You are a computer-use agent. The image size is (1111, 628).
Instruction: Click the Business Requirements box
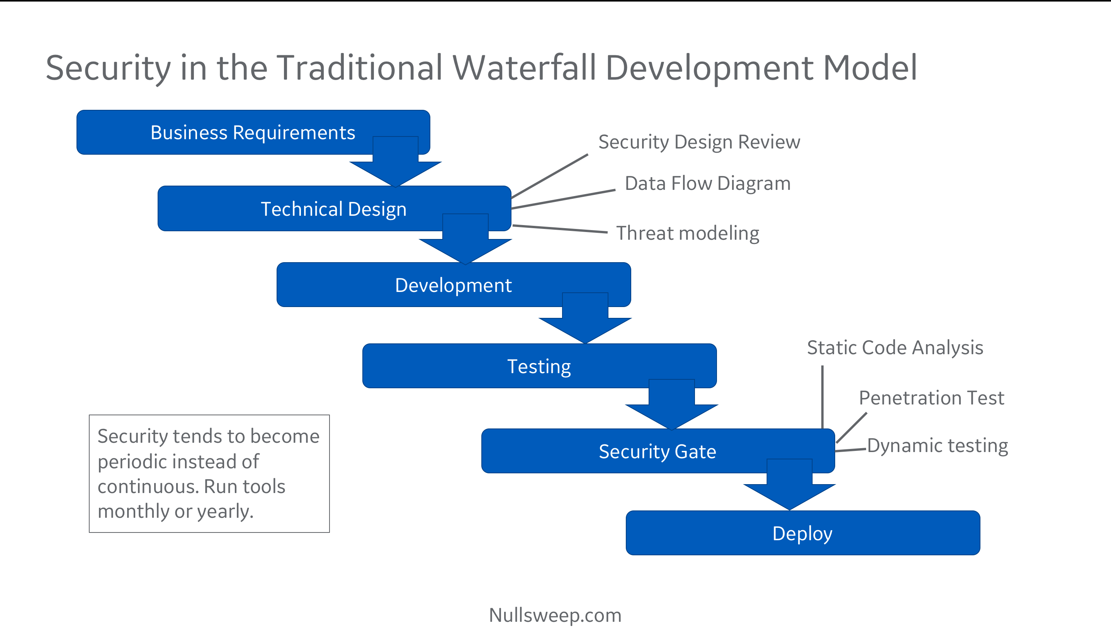coord(253,132)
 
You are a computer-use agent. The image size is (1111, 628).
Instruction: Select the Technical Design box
coord(333,209)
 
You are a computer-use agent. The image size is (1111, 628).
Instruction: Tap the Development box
coord(453,285)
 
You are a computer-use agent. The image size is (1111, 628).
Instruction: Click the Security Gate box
coord(657,451)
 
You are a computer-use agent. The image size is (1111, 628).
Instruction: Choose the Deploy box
coord(802,533)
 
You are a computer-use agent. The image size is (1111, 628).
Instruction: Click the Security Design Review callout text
coord(699,142)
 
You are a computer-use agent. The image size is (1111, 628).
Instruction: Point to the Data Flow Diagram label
coord(707,183)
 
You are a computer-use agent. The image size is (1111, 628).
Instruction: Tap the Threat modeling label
coord(688,233)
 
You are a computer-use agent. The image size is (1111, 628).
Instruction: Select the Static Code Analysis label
coord(895,348)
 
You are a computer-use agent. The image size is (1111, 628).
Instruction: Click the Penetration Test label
coord(931,398)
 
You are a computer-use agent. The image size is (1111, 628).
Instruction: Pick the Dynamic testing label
coord(937,445)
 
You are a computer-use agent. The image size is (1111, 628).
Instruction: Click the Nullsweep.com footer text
coord(555,614)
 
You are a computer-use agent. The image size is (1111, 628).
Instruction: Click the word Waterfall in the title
coord(524,68)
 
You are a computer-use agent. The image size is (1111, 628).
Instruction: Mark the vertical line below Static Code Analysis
coord(822,397)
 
